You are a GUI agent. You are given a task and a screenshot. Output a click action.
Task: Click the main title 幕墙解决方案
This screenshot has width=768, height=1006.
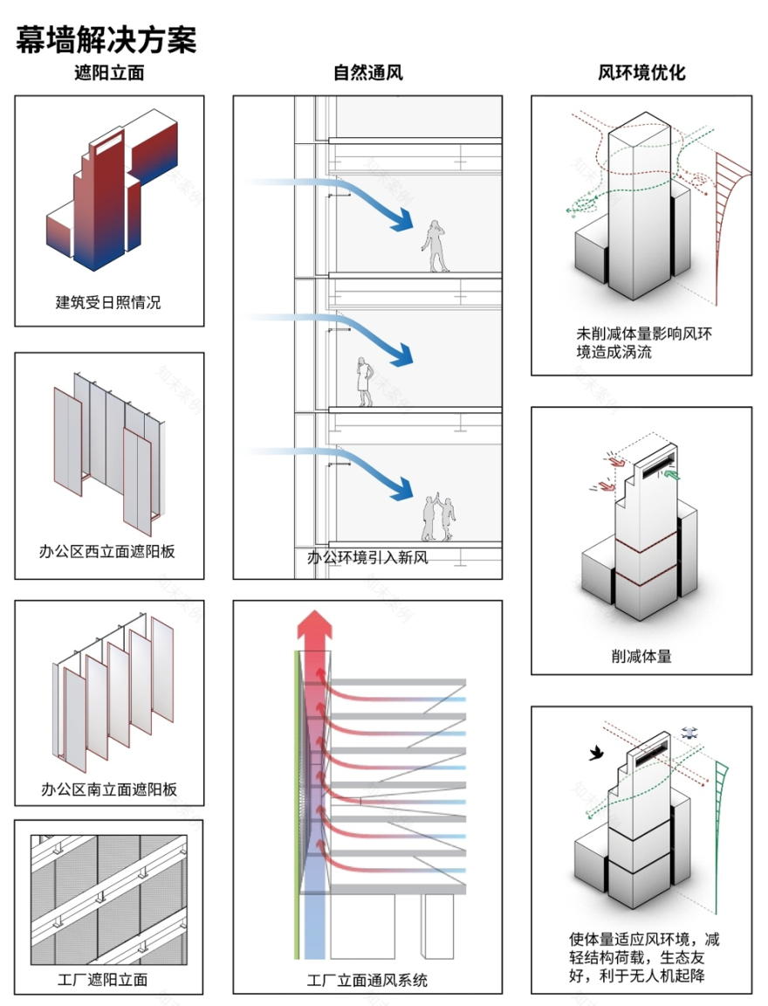pyautogui.click(x=106, y=38)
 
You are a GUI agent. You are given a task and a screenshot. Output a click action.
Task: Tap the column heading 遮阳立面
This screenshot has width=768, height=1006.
pyautogui.click(x=109, y=73)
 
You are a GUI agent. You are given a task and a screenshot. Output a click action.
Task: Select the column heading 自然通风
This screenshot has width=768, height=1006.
pyautogui.click(x=367, y=73)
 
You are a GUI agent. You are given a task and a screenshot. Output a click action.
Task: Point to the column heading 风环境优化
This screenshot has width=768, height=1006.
pyautogui.click(x=641, y=73)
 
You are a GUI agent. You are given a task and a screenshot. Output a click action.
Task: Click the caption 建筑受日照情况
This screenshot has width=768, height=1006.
pyautogui.click(x=109, y=303)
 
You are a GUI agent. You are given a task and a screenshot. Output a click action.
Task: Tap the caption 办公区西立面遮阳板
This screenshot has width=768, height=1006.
pyautogui.click(x=109, y=551)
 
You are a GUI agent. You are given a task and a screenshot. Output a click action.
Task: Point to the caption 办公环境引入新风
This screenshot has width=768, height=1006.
pyautogui.click(x=367, y=557)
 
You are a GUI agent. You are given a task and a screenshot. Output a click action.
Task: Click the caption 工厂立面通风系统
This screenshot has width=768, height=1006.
pyautogui.click(x=367, y=980)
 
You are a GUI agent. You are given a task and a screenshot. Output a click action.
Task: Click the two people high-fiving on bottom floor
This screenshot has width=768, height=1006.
pyautogui.click(x=439, y=519)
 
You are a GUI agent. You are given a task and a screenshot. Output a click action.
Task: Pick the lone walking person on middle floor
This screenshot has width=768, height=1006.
pyautogui.click(x=365, y=382)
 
